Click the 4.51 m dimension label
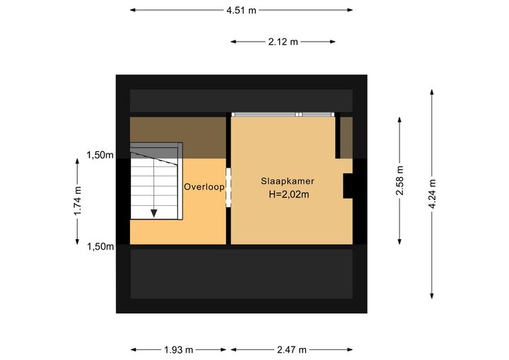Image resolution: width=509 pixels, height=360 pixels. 241,11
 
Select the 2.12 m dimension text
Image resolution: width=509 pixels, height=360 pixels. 283,42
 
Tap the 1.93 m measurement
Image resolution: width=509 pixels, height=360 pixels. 179,350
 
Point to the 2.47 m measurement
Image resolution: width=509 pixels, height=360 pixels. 292,350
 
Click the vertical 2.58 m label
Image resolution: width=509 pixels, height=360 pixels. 399,180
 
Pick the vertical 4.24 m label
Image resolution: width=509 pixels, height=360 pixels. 432,194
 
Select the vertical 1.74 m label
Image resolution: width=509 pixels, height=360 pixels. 77,201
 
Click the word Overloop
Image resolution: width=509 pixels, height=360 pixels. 204,187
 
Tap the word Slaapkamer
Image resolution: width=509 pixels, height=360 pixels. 287,181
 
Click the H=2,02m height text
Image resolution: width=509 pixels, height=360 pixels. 288,194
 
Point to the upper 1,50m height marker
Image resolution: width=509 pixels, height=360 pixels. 100,156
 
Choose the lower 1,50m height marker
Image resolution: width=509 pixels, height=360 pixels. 100,247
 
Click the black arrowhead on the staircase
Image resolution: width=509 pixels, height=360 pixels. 154,213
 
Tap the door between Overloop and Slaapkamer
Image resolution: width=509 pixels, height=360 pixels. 228,187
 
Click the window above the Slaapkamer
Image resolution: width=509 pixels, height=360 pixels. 283,115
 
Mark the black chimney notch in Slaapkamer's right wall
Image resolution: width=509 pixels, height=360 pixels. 348,186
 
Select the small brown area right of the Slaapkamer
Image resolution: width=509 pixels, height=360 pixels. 346,138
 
